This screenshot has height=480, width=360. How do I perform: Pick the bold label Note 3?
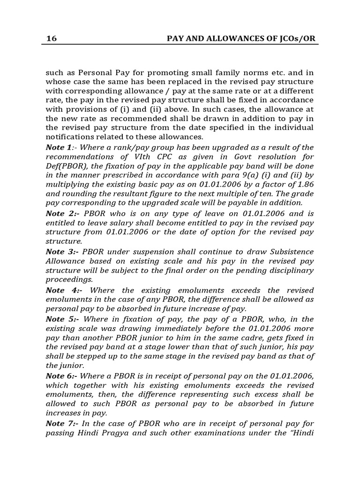[59, 252]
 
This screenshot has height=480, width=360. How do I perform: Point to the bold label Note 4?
[59, 291]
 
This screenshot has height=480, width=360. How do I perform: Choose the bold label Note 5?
[59, 319]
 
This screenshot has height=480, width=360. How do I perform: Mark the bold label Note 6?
[59, 377]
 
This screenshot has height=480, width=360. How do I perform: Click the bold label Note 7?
[59, 424]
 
